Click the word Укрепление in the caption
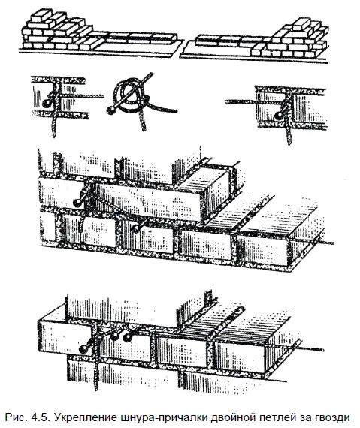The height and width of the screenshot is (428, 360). click(86, 418)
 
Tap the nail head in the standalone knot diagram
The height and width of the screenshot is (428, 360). click(110, 110)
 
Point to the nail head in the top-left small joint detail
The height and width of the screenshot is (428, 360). click(46, 103)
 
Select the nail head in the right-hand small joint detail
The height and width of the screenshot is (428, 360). click(278, 116)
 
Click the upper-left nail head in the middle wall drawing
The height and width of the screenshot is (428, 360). click(77, 203)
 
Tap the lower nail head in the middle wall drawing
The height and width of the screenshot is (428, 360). click(135, 228)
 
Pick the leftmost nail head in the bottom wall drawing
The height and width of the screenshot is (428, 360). click(83, 349)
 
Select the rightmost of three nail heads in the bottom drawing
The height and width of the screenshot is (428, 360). click(127, 338)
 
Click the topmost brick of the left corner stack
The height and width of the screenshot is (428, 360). click(41, 16)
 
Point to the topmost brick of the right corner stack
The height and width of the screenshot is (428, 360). click(301, 24)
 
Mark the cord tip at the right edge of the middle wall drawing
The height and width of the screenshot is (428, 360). click(333, 243)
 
